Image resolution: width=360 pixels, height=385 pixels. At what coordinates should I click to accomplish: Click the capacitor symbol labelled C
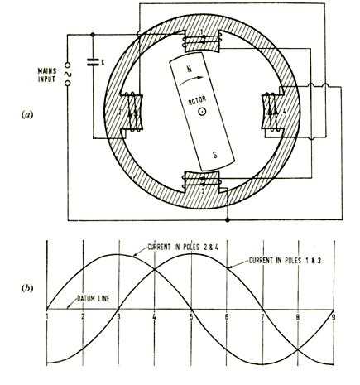click(93, 63)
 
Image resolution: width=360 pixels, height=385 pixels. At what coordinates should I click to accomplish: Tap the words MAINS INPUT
click(47, 75)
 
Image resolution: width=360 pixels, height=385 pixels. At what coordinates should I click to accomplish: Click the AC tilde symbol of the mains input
click(67, 75)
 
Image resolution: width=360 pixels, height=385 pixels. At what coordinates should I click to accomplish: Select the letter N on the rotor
click(190, 68)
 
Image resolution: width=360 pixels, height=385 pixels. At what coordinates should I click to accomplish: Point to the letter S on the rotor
click(214, 155)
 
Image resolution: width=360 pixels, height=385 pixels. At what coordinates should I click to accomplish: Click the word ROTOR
click(197, 101)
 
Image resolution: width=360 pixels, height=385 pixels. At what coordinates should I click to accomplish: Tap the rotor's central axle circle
click(202, 112)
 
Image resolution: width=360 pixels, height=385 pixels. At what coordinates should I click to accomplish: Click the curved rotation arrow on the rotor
click(191, 80)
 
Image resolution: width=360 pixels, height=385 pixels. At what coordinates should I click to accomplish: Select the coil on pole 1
click(202, 41)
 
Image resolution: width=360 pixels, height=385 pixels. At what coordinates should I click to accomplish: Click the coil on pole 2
click(132, 112)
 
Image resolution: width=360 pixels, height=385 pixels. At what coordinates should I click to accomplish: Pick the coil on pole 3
click(202, 180)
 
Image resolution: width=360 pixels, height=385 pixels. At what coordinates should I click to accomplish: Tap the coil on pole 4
click(271, 112)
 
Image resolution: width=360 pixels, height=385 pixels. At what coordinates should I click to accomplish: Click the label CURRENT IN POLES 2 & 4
click(182, 248)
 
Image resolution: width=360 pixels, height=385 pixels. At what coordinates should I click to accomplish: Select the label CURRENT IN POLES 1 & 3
click(285, 260)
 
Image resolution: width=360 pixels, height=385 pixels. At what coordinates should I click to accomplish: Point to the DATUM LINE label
click(94, 299)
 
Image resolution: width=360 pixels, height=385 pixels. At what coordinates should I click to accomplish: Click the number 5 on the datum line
click(191, 317)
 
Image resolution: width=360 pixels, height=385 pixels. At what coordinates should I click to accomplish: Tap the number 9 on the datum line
click(334, 317)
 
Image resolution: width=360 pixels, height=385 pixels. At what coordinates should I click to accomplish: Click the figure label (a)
click(26, 114)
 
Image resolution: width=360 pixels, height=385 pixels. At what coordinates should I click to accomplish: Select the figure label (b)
click(26, 288)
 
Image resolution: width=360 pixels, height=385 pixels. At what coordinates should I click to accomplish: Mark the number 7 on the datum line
click(262, 317)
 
